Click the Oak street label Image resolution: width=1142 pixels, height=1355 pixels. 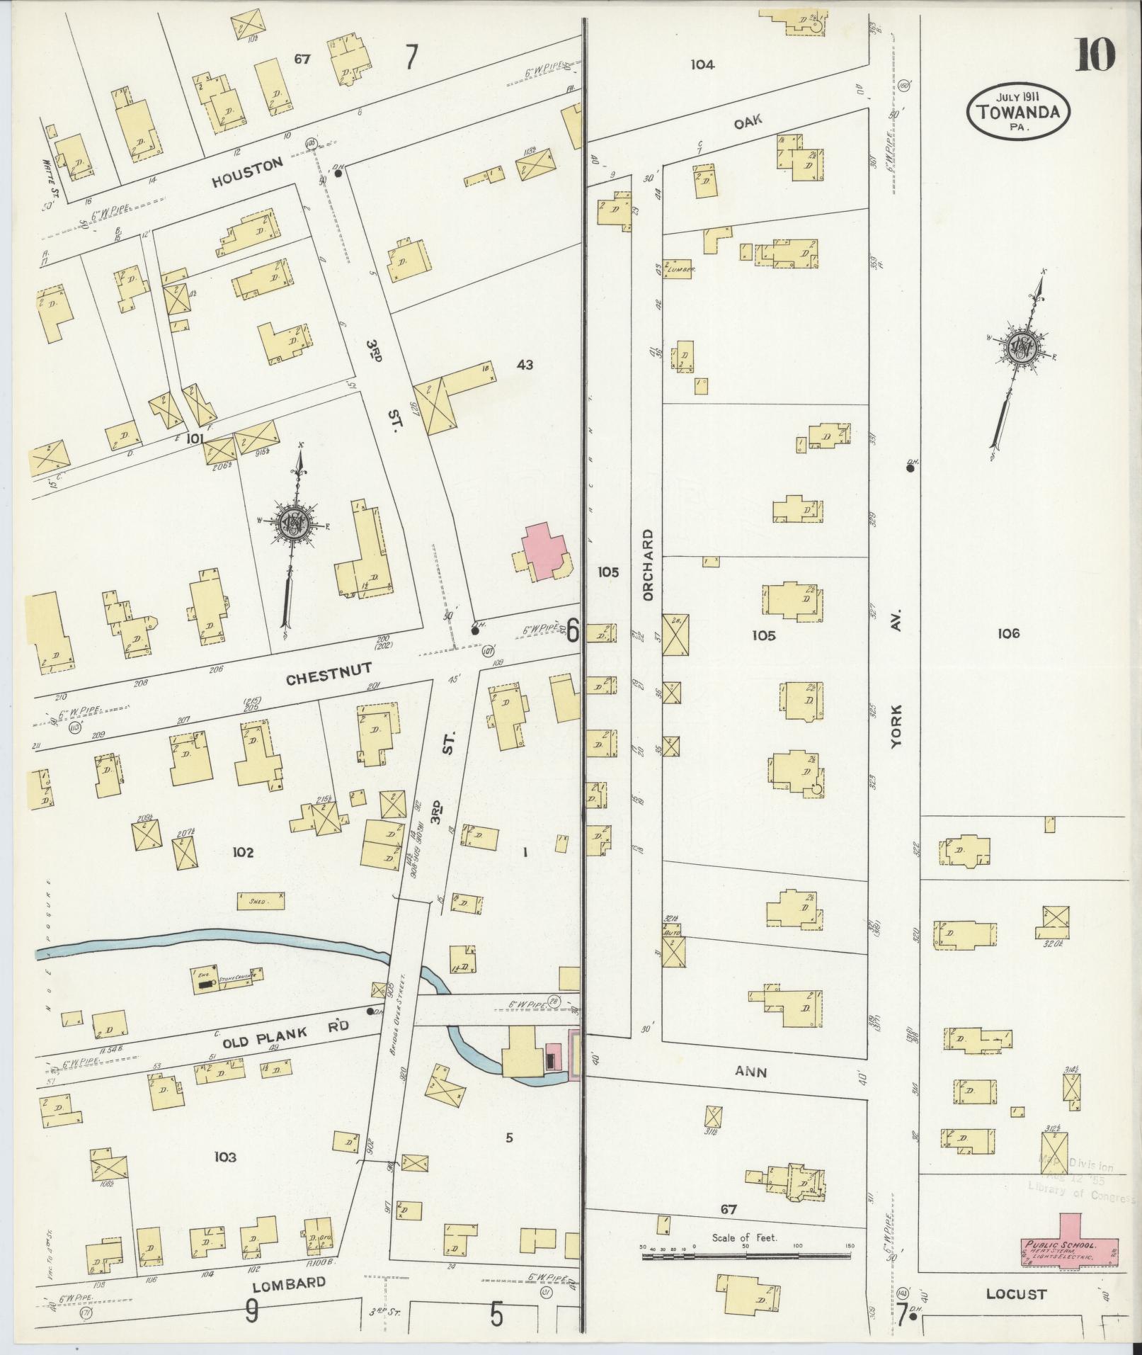[x=748, y=121]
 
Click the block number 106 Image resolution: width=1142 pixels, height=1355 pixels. [x=1007, y=634]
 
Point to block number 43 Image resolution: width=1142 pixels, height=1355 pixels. [x=525, y=365]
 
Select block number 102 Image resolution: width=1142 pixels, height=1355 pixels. [x=242, y=852]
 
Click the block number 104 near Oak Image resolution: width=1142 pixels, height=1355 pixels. [x=702, y=64]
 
